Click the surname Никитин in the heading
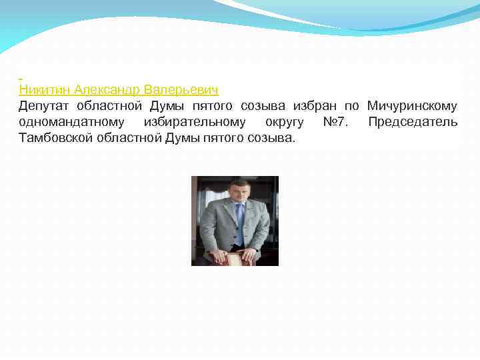45,89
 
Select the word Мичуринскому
412,106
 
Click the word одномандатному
71,123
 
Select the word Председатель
413,123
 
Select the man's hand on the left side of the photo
215,254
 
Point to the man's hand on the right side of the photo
251,253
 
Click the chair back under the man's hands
233,260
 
